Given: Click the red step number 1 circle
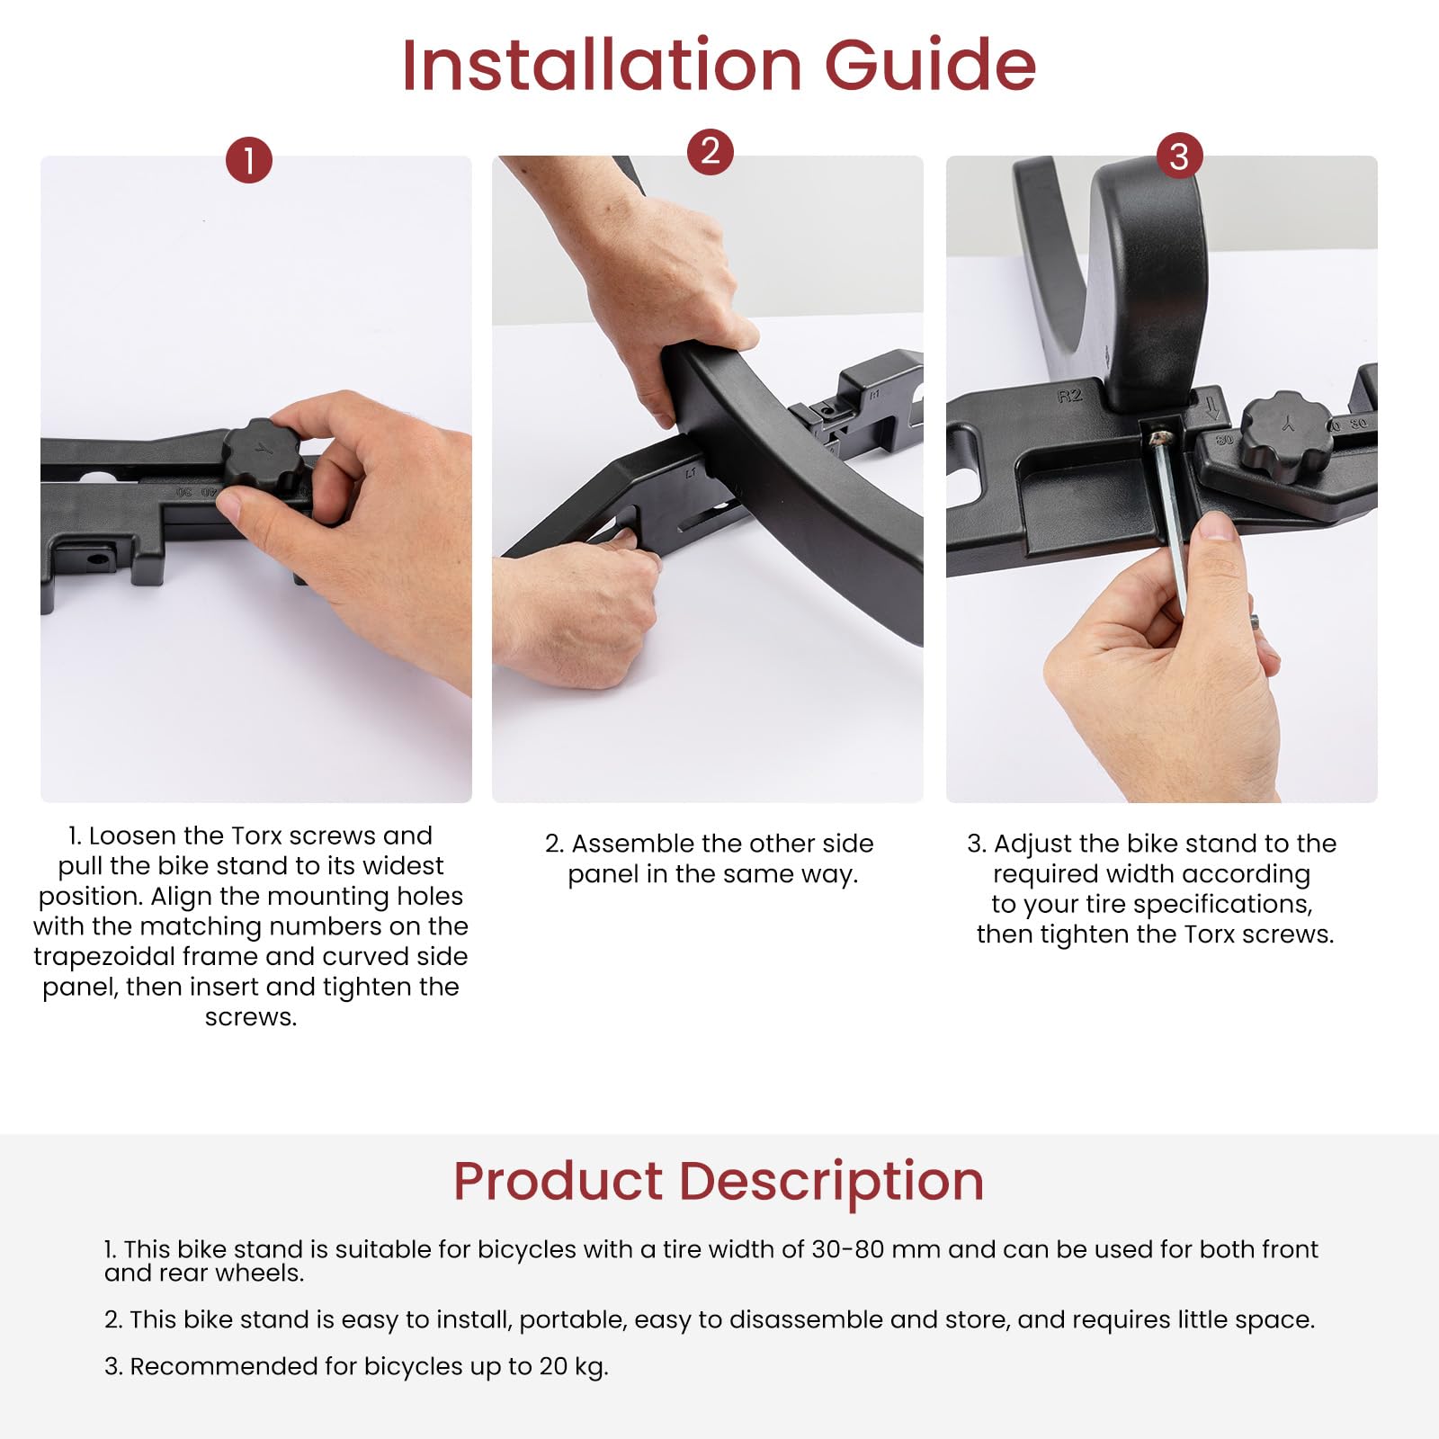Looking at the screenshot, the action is (x=249, y=160).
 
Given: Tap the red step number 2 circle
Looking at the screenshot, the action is (x=711, y=151).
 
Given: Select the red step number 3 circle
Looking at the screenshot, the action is (x=1179, y=156).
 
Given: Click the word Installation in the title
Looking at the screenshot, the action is (x=601, y=65).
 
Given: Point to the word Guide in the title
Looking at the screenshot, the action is (x=931, y=65).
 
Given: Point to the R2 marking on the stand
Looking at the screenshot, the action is (x=1069, y=396).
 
